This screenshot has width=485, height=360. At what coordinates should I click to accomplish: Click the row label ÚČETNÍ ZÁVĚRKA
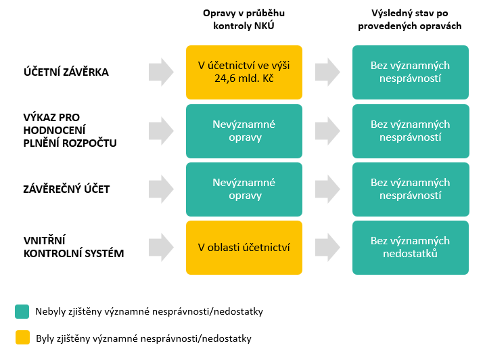pos(65,72)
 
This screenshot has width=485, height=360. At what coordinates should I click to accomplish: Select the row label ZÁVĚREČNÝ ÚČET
pos(66,189)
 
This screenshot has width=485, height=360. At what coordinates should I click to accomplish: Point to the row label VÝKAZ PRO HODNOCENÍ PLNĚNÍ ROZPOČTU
pos(70,131)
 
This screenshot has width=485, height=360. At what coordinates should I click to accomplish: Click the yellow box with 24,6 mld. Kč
pos(244,72)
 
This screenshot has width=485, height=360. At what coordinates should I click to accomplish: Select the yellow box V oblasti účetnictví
pos(244,247)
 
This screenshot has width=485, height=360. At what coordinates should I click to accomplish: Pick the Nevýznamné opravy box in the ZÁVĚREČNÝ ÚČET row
pos(244,189)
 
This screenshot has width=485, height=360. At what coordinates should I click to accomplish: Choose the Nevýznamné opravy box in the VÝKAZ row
pos(244,131)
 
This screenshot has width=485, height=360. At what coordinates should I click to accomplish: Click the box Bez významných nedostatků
pos(410,247)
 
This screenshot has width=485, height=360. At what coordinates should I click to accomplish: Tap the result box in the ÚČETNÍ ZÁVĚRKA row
pos(410,72)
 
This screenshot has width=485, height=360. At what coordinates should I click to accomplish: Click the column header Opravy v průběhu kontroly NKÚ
pos(244,20)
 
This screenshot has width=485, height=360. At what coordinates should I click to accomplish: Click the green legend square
pos(22,311)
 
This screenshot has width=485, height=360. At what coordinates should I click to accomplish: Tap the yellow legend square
pos(22,337)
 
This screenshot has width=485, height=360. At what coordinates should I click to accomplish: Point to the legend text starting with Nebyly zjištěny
pos(149,312)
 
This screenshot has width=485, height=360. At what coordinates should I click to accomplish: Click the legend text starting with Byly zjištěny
pos(143,338)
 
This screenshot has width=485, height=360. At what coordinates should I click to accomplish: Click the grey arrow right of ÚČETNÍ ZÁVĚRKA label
pos(160,72)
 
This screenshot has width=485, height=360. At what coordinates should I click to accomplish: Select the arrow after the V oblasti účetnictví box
pos(327,247)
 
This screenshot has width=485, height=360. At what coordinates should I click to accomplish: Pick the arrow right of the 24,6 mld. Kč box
pos(327,72)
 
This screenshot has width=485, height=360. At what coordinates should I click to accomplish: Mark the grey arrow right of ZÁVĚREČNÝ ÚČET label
pos(160,189)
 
